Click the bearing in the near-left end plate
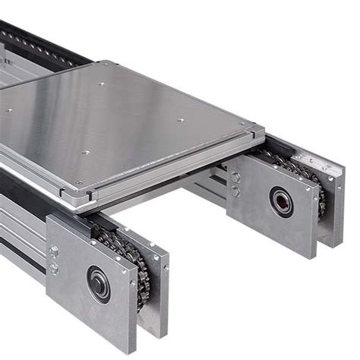coord(98,283)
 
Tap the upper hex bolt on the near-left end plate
coord(54,252)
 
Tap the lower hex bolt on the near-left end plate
coord(54,268)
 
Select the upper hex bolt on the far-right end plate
coord(235,177)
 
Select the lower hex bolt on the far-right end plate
coord(235,191)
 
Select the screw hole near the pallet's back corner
coord(102,84)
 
